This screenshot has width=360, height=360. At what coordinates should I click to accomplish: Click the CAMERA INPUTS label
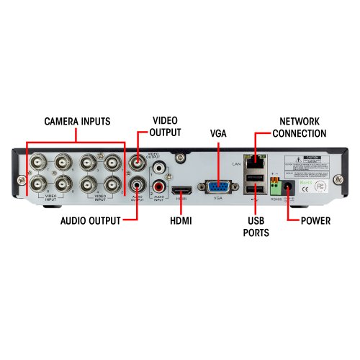click(x=78, y=121)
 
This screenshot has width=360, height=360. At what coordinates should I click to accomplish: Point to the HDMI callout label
click(x=181, y=220)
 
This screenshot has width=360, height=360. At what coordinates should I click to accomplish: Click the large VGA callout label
click(x=217, y=134)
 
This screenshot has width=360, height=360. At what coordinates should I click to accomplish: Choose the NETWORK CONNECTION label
click(x=300, y=127)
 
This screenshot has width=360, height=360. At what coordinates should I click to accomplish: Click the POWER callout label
click(x=315, y=220)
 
